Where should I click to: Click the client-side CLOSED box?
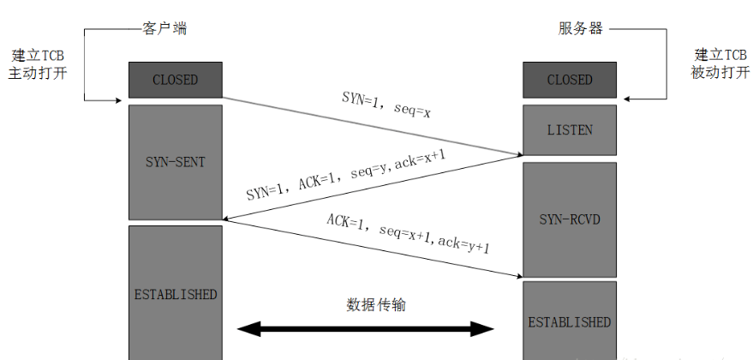coord(175,80)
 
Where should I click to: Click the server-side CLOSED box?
coord(570,80)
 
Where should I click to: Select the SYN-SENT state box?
coord(175,161)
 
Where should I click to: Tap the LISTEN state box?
coord(570,130)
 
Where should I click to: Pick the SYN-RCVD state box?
coord(570,219)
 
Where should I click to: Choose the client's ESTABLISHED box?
coord(175,294)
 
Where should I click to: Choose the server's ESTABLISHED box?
coord(570,321)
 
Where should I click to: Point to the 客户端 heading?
coord(164,28)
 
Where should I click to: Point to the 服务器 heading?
coord(580,28)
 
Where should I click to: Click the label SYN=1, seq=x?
coord(386,103)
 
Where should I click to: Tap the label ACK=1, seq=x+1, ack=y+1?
coord(408,231)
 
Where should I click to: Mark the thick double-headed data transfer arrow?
coord(366,328)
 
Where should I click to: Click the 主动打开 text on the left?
coord(38,73)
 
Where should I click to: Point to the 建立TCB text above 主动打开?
coord(38,55)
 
